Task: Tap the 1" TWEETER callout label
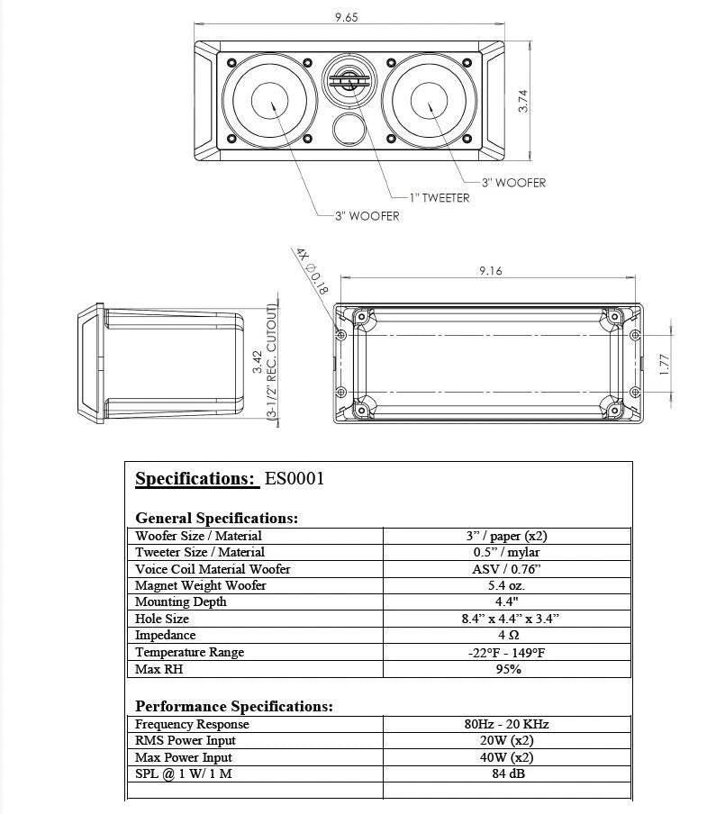click(439, 198)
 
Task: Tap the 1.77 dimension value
click(664, 363)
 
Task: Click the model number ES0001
click(294, 479)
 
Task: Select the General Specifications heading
click(216, 518)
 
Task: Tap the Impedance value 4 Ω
click(507, 636)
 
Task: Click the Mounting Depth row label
click(181, 602)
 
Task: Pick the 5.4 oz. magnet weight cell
click(507, 585)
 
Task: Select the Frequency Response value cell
click(507, 724)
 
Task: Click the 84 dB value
click(507, 774)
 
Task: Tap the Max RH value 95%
click(507, 669)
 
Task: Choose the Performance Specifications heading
click(234, 706)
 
